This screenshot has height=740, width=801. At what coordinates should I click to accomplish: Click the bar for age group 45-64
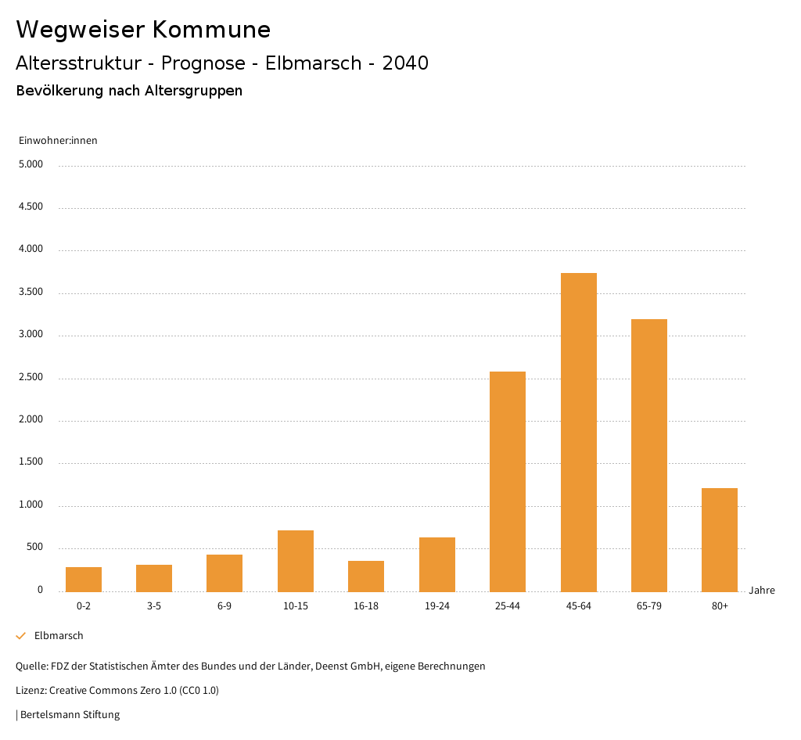579,432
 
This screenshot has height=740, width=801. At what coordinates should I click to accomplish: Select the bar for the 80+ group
720,540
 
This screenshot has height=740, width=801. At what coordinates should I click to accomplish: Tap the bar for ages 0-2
84,579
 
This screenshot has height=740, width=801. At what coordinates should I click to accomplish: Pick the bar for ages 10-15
296,561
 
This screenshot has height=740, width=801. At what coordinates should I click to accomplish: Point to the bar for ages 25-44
508,481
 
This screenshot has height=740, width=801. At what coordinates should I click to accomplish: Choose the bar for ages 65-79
649,454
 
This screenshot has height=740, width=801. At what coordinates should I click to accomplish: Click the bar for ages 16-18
366,576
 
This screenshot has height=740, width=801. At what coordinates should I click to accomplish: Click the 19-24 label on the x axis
436,606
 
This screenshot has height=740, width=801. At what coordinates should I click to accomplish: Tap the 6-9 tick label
224,606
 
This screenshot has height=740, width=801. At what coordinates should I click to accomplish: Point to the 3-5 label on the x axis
154,606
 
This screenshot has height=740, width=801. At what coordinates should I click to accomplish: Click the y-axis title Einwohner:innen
58,141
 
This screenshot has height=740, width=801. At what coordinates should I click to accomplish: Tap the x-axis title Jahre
762,591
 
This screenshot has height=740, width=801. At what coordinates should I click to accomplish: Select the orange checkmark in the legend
21,636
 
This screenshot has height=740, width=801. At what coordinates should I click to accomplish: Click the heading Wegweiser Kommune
143,30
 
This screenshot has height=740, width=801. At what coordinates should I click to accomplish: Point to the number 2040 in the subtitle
405,63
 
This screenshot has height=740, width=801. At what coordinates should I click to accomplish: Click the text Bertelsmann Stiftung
70,714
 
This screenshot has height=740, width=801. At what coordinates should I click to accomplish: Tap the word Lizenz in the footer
31,691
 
